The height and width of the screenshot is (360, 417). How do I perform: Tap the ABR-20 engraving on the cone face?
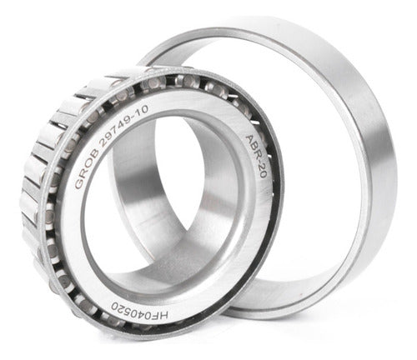coord(256,156)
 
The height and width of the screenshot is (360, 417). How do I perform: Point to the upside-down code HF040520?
coord(139,311)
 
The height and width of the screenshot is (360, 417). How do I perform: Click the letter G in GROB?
coord(78,183)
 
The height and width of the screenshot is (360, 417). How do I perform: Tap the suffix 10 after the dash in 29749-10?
coord(143,111)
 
